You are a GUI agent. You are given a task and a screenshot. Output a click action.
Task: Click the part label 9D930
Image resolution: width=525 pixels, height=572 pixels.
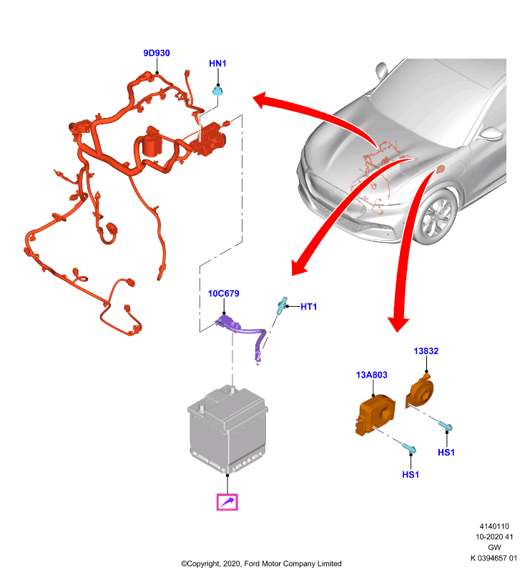[x=157, y=53]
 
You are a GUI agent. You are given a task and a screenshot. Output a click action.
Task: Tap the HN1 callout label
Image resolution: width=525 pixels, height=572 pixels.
[x=217, y=64]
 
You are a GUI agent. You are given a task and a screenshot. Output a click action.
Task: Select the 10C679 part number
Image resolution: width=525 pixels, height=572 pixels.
[x=224, y=294]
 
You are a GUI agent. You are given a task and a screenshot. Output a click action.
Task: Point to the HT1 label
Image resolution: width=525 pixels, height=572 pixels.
[x=309, y=307]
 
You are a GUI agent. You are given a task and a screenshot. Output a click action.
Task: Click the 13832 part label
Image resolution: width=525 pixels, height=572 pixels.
[x=426, y=351]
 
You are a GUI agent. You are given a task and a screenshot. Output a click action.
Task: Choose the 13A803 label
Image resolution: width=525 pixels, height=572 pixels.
[x=371, y=375]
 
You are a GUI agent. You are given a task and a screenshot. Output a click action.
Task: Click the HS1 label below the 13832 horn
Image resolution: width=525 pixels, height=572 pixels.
[x=446, y=453]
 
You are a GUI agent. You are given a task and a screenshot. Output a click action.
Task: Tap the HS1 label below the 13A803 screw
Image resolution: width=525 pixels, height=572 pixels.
[x=411, y=475]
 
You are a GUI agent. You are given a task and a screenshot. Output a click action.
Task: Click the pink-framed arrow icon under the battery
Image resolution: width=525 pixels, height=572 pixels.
[x=227, y=502]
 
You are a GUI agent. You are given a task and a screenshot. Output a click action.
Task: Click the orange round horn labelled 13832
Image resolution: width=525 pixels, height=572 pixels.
[x=420, y=391]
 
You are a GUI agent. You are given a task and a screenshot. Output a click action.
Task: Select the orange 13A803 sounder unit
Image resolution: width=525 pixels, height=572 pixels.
[x=375, y=415]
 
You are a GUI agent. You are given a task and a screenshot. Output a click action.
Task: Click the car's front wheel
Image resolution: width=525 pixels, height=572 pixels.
[x=436, y=217]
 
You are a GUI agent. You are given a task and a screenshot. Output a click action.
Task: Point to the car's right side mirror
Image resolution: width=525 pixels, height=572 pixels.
[x=492, y=134]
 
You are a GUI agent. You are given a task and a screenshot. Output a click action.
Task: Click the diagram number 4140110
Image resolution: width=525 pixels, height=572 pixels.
[x=494, y=526]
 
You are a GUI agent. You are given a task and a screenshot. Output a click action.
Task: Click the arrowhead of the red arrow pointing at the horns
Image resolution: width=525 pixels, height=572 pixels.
[x=398, y=325]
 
